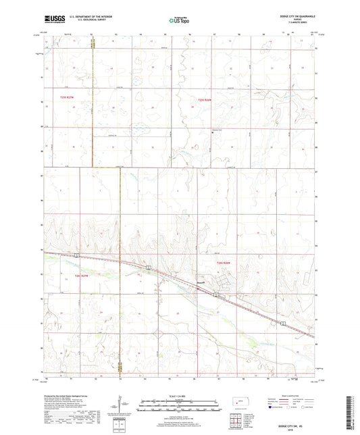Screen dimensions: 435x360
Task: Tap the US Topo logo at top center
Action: pos(179,21)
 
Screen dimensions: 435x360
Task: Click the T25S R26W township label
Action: pos(204,100)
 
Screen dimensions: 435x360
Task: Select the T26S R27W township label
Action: pos(82,276)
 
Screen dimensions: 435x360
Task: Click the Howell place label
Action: pos(199,282)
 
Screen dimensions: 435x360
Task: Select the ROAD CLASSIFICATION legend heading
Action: pos(295,396)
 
